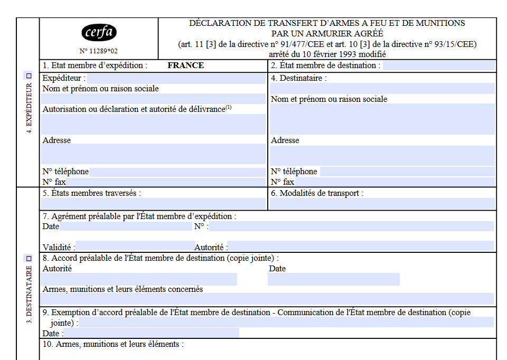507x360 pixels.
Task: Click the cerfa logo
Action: [99, 33]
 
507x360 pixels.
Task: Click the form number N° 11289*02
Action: [99, 51]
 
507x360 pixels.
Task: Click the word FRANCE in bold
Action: [185, 65]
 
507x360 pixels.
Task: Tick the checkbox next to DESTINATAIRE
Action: [29, 258]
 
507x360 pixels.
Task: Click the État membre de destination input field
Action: [438, 65]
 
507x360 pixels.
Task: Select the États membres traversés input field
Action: [153, 204]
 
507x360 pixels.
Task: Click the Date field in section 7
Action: [126, 226]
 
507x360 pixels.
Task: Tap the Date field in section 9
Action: [151, 333]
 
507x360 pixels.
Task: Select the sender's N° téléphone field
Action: [177, 172]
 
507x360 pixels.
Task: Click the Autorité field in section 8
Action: [139, 279]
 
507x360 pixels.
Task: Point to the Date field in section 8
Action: [333, 279]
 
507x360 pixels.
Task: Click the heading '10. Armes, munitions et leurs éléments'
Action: [113, 344]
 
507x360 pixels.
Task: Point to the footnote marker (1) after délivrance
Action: [229, 108]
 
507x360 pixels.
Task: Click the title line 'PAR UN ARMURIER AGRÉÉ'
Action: [327, 33]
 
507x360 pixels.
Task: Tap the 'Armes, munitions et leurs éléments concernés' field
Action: [268, 299]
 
